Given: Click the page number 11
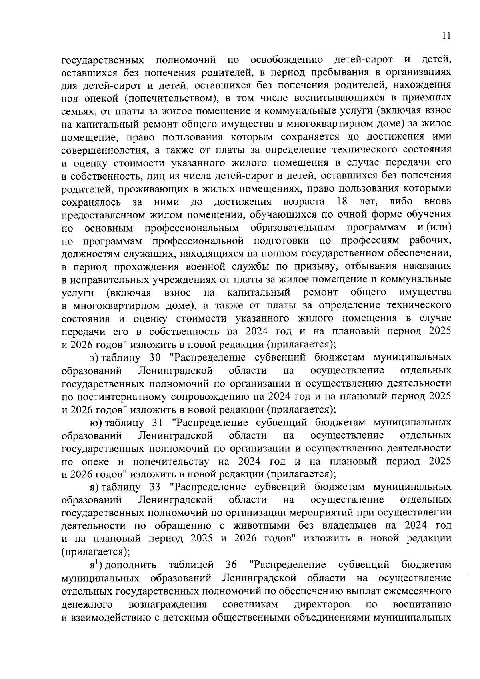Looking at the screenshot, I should point(447,36).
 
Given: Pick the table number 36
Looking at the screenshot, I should point(231,565).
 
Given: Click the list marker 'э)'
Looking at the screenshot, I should point(94,357).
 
